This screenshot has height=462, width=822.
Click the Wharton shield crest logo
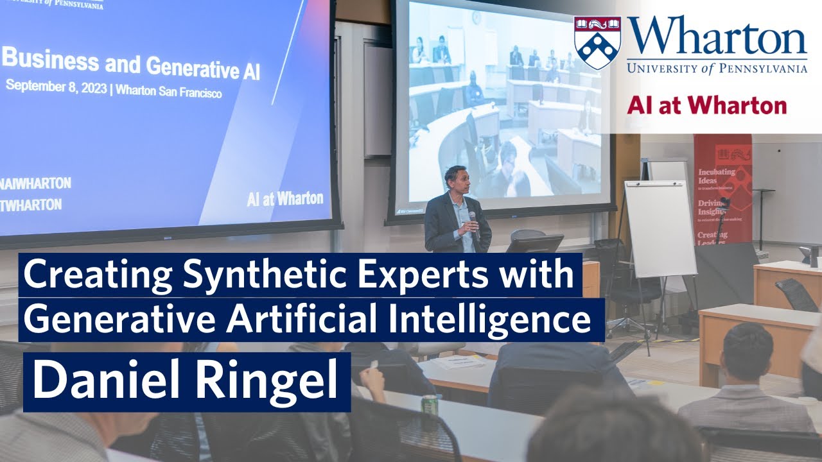[x=598, y=42]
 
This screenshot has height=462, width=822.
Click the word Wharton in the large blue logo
[x=717, y=37]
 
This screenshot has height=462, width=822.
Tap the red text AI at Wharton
[x=706, y=105]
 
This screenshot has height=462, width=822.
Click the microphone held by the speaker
[x=472, y=218]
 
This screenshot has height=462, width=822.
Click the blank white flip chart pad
[x=660, y=228]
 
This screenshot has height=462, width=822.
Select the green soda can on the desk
[x=429, y=404]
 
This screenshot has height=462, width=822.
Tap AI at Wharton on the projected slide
[x=284, y=199]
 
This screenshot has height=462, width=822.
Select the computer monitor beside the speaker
[x=536, y=244]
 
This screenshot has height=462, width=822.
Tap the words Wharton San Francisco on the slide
[x=169, y=92]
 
